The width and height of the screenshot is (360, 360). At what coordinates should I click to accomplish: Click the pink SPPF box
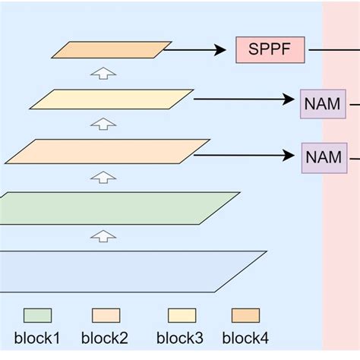pyautogui.click(x=270, y=50)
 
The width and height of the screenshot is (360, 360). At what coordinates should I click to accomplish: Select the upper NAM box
pyautogui.click(x=322, y=103)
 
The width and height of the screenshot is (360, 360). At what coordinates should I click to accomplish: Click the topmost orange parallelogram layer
pyautogui.click(x=111, y=50)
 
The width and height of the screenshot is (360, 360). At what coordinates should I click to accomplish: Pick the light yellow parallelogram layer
pyautogui.click(x=111, y=99)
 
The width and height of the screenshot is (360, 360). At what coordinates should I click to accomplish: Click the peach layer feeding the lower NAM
pyautogui.click(x=107, y=151)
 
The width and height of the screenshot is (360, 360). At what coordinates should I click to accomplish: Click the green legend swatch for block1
pyautogui.click(x=37, y=315)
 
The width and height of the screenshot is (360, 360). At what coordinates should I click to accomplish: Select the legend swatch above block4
pyautogui.click(x=245, y=315)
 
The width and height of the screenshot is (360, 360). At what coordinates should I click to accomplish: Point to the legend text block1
pyautogui.click(x=37, y=338)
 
